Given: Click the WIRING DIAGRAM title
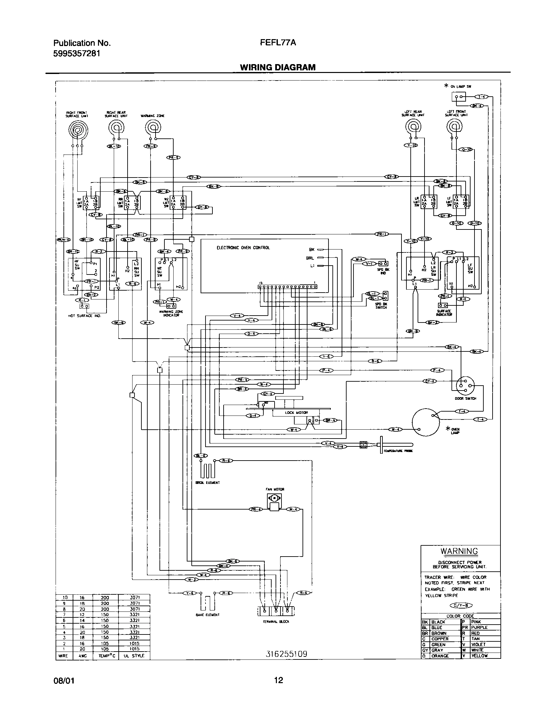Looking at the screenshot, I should click(x=278, y=67).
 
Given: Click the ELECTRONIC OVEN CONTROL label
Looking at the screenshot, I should click(x=243, y=248).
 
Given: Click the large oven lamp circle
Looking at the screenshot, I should click(x=426, y=422).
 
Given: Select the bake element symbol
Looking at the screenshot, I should click(x=207, y=604).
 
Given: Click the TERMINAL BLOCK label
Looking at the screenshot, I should click(x=276, y=621).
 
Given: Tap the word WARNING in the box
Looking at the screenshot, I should click(x=459, y=551).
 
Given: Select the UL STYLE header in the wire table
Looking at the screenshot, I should click(x=134, y=656).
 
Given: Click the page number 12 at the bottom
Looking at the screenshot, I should click(x=279, y=680).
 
